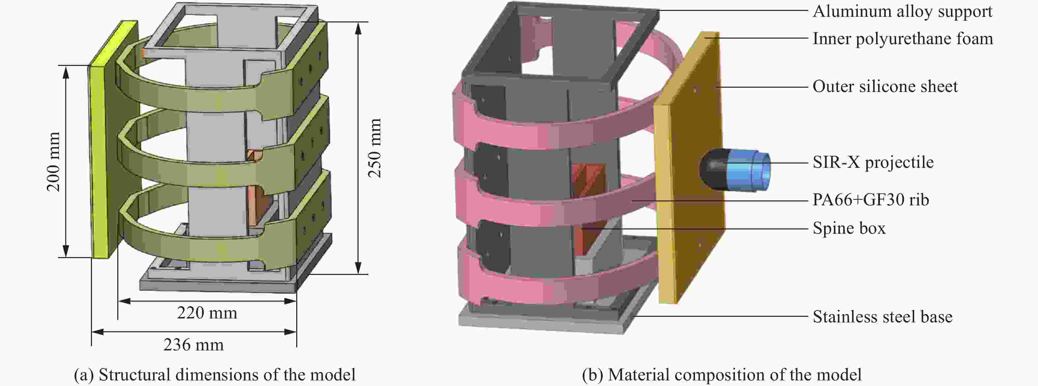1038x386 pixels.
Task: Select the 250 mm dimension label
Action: tap(375, 148)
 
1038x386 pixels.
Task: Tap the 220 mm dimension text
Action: tap(207, 313)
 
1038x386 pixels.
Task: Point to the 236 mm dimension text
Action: tap(194, 345)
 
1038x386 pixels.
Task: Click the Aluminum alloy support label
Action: tap(903, 12)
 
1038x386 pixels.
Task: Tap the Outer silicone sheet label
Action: tap(885, 87)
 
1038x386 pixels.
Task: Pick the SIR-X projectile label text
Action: tap(873, 163)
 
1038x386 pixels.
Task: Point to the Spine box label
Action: tap(849, 228)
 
